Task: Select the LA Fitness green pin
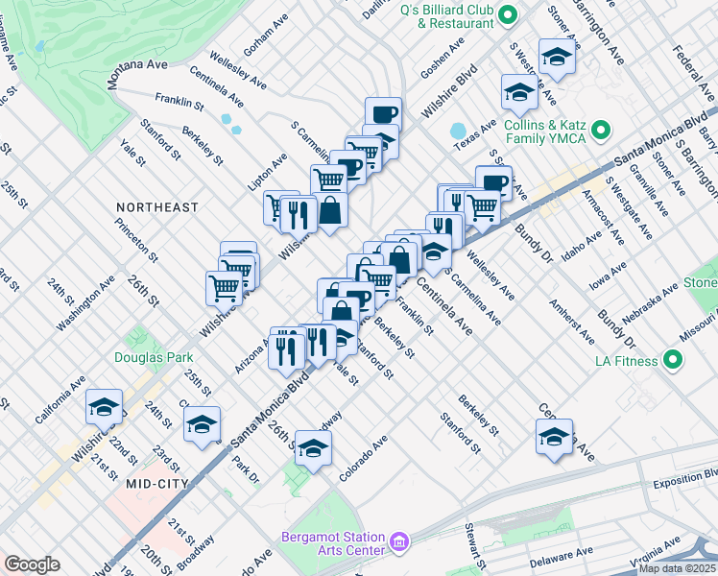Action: pyautogui.click(x=673, y=360)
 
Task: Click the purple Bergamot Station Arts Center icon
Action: pyautogui.click(x=399, y=543)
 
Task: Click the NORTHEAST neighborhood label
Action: pyautogui.click(x=157, y=207)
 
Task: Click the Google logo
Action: pyautogui.click(x=32, y=564)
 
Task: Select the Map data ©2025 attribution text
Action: pyautogui.click(x=676, y=568)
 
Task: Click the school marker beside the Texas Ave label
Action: pyautogui.click(x=519, y=94)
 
